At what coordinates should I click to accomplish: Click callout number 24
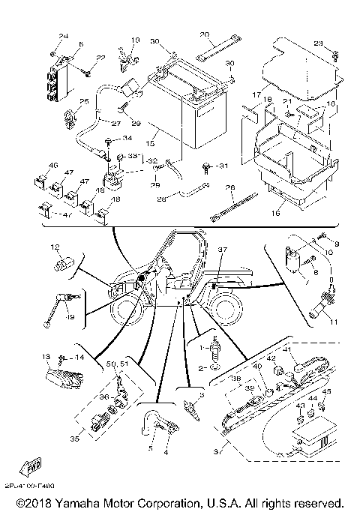(63, 36)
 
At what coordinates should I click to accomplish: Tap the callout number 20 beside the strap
(204, 35)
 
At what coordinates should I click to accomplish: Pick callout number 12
(55, 247)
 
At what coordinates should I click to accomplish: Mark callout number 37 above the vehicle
(222, 250)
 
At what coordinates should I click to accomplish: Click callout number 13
(47, 357)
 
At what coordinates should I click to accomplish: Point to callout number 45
(326, 391)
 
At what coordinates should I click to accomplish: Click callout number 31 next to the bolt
(221, 166)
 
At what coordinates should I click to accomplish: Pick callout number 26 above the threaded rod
(230, 188)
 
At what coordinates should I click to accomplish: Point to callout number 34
(127, 138)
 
